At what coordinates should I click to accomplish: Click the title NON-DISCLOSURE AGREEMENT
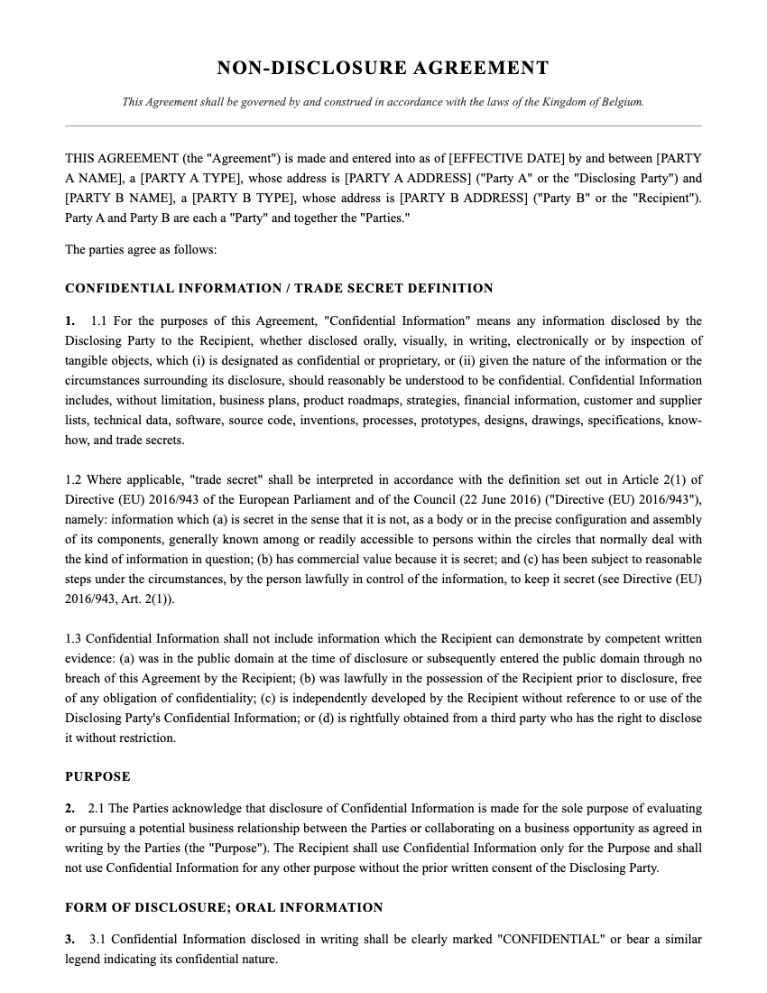pyautogui.click(x=383, y=69)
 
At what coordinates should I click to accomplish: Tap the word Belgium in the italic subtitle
pyautogui.click(x=622, y=102)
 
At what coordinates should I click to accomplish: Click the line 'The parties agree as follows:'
pyautogui.click(x=141, y=250)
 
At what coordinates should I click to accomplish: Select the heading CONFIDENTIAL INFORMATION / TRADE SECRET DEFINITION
pyautogui.click(x=279, y=289)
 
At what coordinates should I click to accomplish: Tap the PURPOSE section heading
pyautogui.click(x=97, y=776)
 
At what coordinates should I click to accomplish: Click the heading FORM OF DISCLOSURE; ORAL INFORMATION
pyautogui.click(x=224, y=907)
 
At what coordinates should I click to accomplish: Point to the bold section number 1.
pyautogui.click(x=69, y=321)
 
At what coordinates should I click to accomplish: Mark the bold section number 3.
pyautogui.click(x=69, y=940)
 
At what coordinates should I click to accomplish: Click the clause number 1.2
pyautogui.click(x=74, y=480)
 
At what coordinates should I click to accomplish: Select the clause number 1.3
pyautogui.click(x=74, y=639)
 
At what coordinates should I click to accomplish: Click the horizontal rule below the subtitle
pyautogui.click(x=383, y=125)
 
